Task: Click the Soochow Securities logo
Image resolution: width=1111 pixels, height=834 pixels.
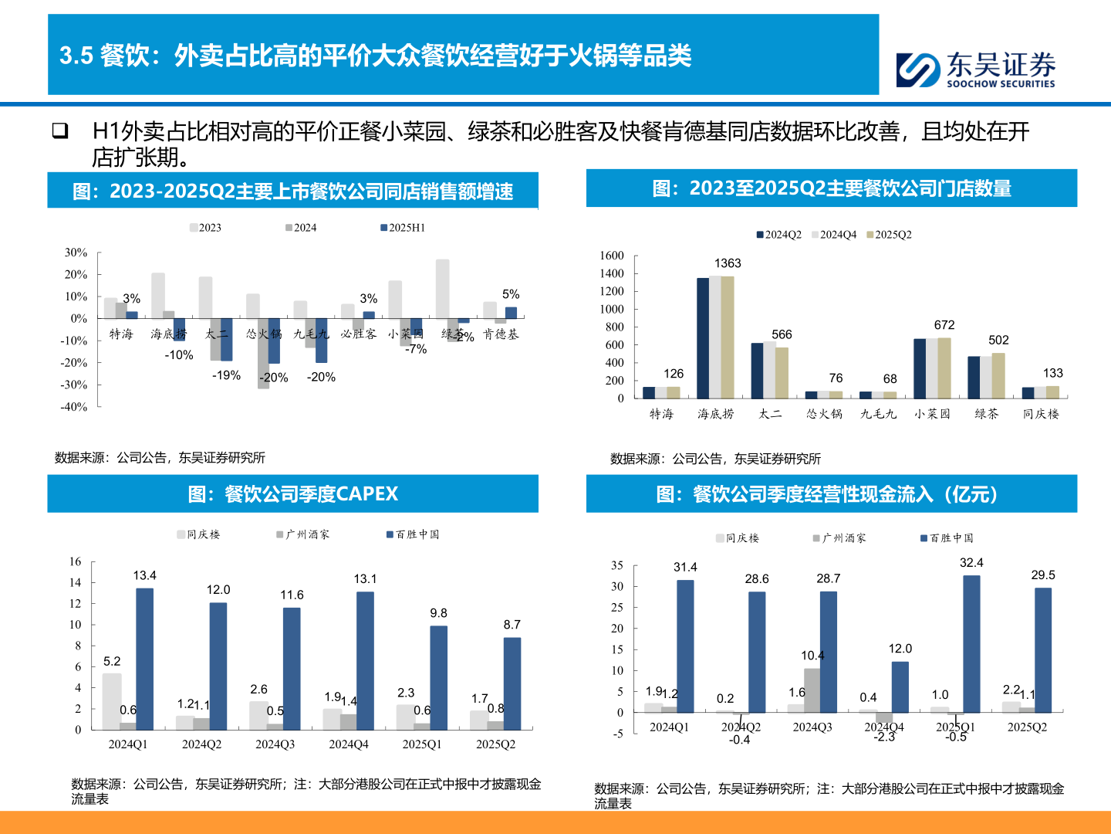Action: (975, 69)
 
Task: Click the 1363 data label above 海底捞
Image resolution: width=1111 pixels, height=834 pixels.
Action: (727, 263)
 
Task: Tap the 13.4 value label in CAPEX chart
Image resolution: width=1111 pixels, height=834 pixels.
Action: (144, 575)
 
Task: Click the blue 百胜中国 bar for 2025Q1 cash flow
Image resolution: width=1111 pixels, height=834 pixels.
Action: (971, 643)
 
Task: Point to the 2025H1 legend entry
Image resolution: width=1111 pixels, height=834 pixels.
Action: (403, 228)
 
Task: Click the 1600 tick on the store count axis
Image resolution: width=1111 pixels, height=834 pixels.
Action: (611, 256)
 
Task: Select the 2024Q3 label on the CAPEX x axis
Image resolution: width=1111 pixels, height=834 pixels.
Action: (275, 744)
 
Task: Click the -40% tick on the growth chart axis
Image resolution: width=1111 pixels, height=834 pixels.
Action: (75, 407)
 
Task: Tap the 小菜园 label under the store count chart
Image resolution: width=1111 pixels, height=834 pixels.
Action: (932, 414)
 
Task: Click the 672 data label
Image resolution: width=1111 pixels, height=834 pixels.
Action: (944, 325)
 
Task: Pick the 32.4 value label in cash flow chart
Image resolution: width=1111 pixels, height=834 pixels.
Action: (971, 563)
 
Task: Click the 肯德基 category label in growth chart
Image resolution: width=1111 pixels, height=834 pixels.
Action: (501, 334)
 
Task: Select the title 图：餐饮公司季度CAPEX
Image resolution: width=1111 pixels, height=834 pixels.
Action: (292, 494)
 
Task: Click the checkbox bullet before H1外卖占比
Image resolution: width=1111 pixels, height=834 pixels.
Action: (60, 131)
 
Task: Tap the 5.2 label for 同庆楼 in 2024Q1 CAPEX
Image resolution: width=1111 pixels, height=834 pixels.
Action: (112, 661)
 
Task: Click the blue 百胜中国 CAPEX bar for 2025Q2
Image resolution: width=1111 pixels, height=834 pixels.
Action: (512, 683)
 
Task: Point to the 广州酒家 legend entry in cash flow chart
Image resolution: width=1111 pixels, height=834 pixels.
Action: (839, 538)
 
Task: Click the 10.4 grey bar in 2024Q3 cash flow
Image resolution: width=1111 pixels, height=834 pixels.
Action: (812, 690)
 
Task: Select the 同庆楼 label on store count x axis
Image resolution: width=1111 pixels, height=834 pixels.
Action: (1041, 414)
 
